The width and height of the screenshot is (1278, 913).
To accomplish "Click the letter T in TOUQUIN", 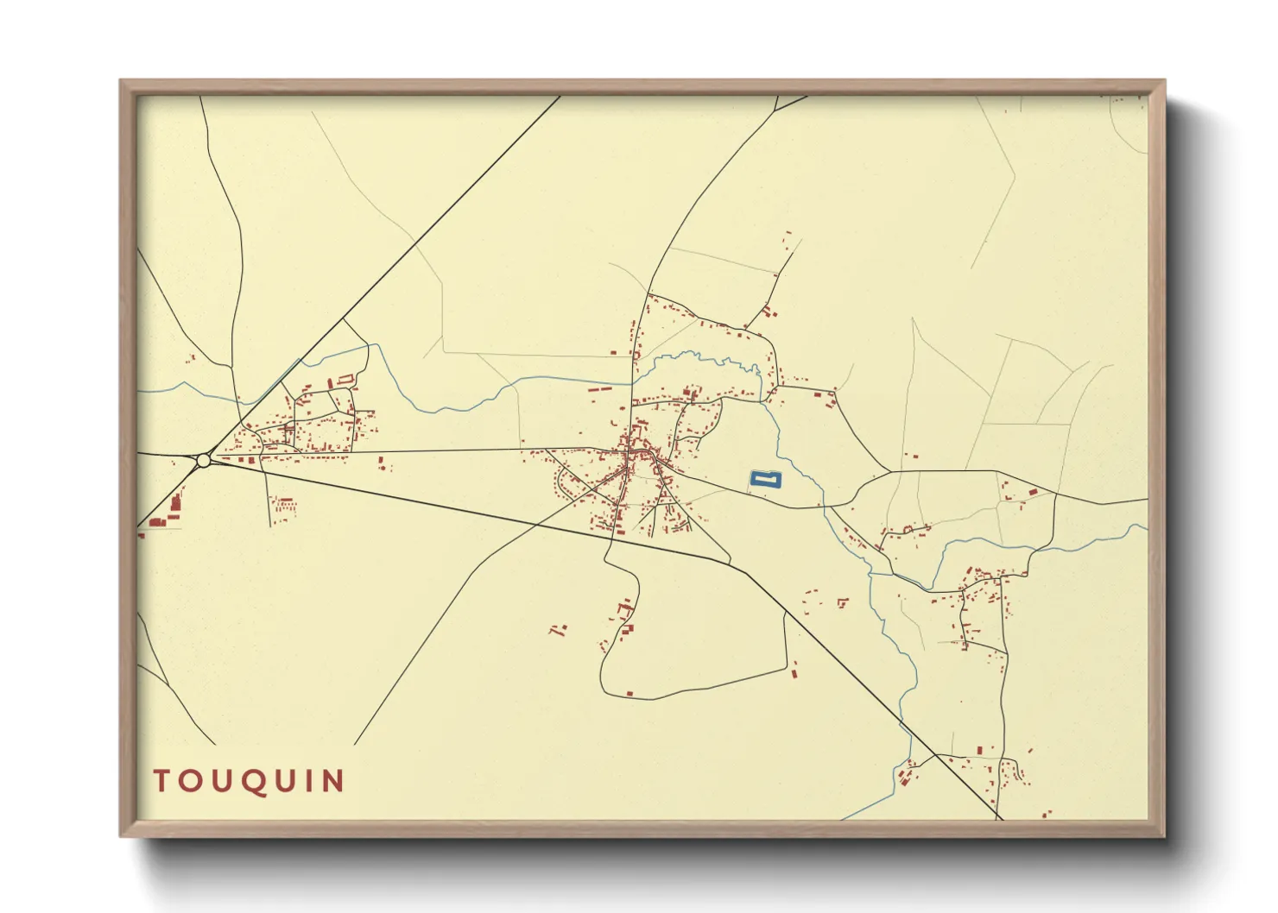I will pos(162,781).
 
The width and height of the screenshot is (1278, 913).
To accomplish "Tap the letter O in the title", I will pos(192,781).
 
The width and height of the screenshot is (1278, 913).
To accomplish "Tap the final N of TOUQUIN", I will pos(333,781).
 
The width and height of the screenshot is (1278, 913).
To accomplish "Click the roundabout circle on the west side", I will pos(204,461).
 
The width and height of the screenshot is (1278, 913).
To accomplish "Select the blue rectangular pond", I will pos(765,480).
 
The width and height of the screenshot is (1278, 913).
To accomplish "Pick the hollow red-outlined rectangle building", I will pos(345,378).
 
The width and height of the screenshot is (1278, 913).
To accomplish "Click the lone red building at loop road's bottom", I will pos(630,692).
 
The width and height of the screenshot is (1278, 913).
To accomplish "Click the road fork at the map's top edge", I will pos(777,110).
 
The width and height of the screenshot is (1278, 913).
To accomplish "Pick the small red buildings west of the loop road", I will pos(559,629).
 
